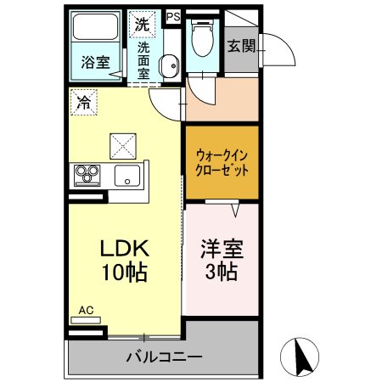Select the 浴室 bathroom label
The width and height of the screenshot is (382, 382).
(95, 62)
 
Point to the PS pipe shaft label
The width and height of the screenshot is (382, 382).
(173, 15)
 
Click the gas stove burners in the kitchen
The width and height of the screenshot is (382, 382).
(86, 175)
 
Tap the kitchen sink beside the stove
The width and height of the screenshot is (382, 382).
(127, 177)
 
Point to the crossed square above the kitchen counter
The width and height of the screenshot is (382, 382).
(122, 145)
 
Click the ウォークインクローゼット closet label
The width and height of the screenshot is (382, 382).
(222, 162)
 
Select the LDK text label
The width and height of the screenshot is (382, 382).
(125, 250)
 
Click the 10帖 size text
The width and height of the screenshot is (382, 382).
(125, 273)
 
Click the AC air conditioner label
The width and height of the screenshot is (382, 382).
(86, 311)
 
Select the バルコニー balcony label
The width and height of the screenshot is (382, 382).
(166, 356)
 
